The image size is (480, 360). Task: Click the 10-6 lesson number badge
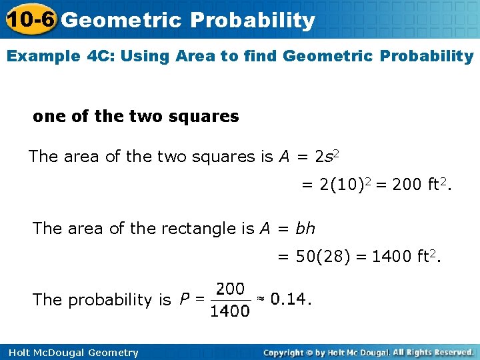click(x=29, y=20)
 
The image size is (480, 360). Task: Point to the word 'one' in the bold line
click(x=49, y=116)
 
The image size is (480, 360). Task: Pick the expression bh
click(x=305, y=229)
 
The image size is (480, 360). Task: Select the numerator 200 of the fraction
click(x=231, y=289)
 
